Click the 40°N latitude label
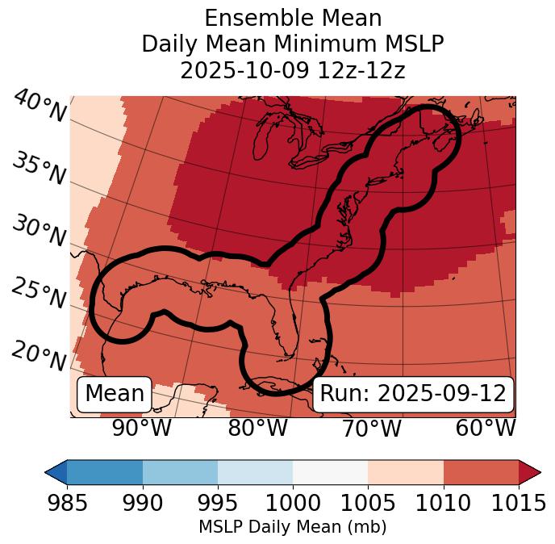pos(40,107)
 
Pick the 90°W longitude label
pos(142,429)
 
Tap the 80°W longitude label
pos(257,429)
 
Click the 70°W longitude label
pos(371,429)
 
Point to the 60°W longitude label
pos(485,429)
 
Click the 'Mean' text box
pos(115,394)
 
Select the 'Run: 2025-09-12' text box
pos(413,394)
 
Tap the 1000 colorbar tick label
pos(292,504)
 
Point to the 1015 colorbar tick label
pos(518,504)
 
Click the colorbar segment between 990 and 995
pos(180,472)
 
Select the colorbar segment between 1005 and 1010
pos(406,472)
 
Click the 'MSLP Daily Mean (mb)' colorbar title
pos(292,528)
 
